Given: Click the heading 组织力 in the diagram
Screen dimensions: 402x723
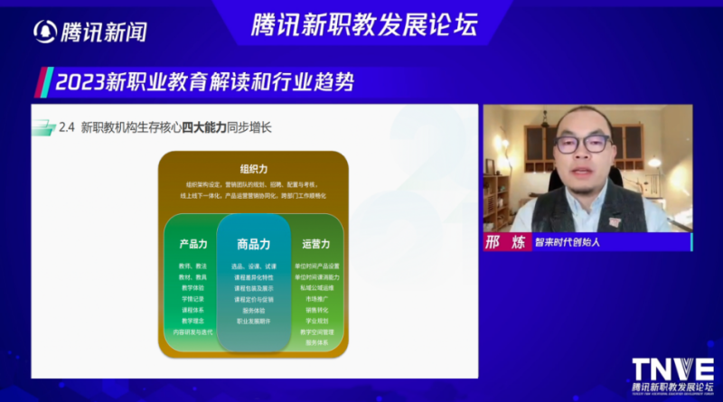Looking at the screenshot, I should point(253,168).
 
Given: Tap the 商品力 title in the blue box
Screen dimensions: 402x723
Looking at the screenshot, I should point(253,244).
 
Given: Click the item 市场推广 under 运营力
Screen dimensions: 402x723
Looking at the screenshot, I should point(316,299).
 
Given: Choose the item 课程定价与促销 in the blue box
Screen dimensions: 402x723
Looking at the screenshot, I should point(253,299).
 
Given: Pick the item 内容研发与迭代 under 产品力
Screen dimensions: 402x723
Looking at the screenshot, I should point(193,332).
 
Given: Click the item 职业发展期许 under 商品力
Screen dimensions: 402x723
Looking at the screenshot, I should point(253,321).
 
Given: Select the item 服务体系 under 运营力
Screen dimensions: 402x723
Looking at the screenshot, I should point(316,342).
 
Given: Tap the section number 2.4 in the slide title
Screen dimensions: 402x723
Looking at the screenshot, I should point(66,128).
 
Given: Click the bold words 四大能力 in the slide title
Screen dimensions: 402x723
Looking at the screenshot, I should point(203,128).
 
